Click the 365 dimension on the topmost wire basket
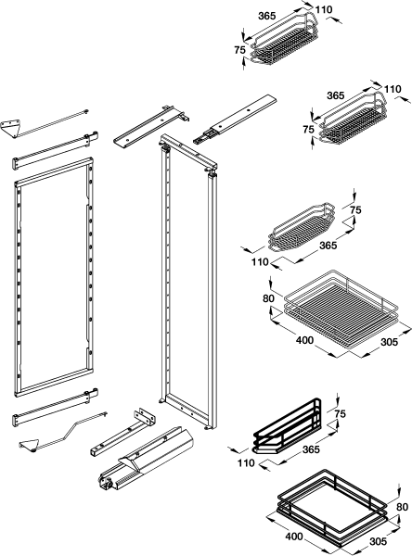tap(266, 16)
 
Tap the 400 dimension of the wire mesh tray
tap(304, 340)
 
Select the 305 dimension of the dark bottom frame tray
tap(378, 541)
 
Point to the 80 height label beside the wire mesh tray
tap(268, 298)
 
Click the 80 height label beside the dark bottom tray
tap(403, 508)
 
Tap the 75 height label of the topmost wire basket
tap(239, 50)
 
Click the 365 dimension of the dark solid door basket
tap(311, 449)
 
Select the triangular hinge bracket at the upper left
tap(10, 127)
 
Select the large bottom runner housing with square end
tap(146, 460)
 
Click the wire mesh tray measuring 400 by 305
tap(341, 312)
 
